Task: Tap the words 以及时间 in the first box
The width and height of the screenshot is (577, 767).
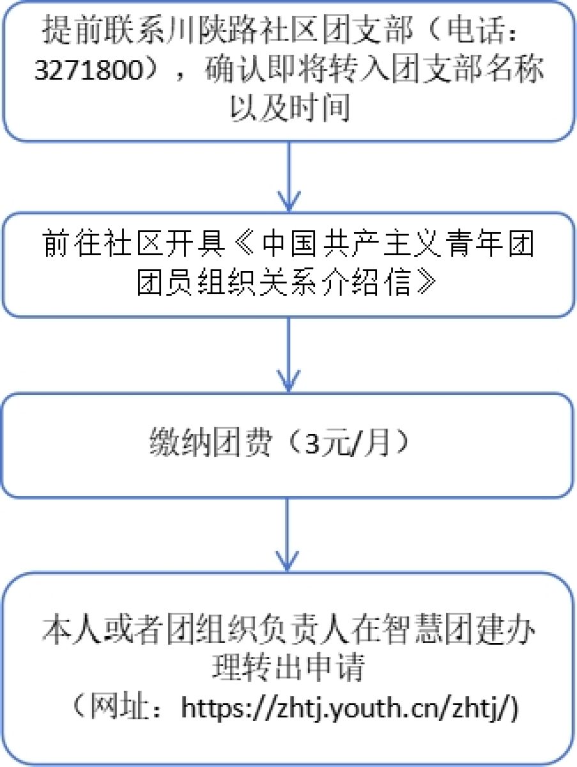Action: (x=289, y=109)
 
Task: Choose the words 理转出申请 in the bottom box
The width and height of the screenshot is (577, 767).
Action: (x=288, y=668)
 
